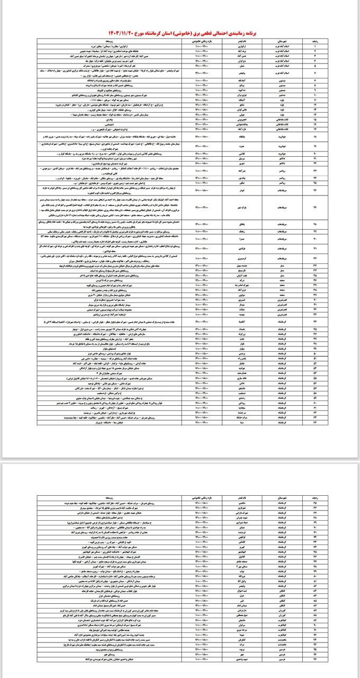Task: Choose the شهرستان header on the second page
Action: click(x=282, y=498)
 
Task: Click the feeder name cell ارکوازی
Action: click(x=236, y=45)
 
